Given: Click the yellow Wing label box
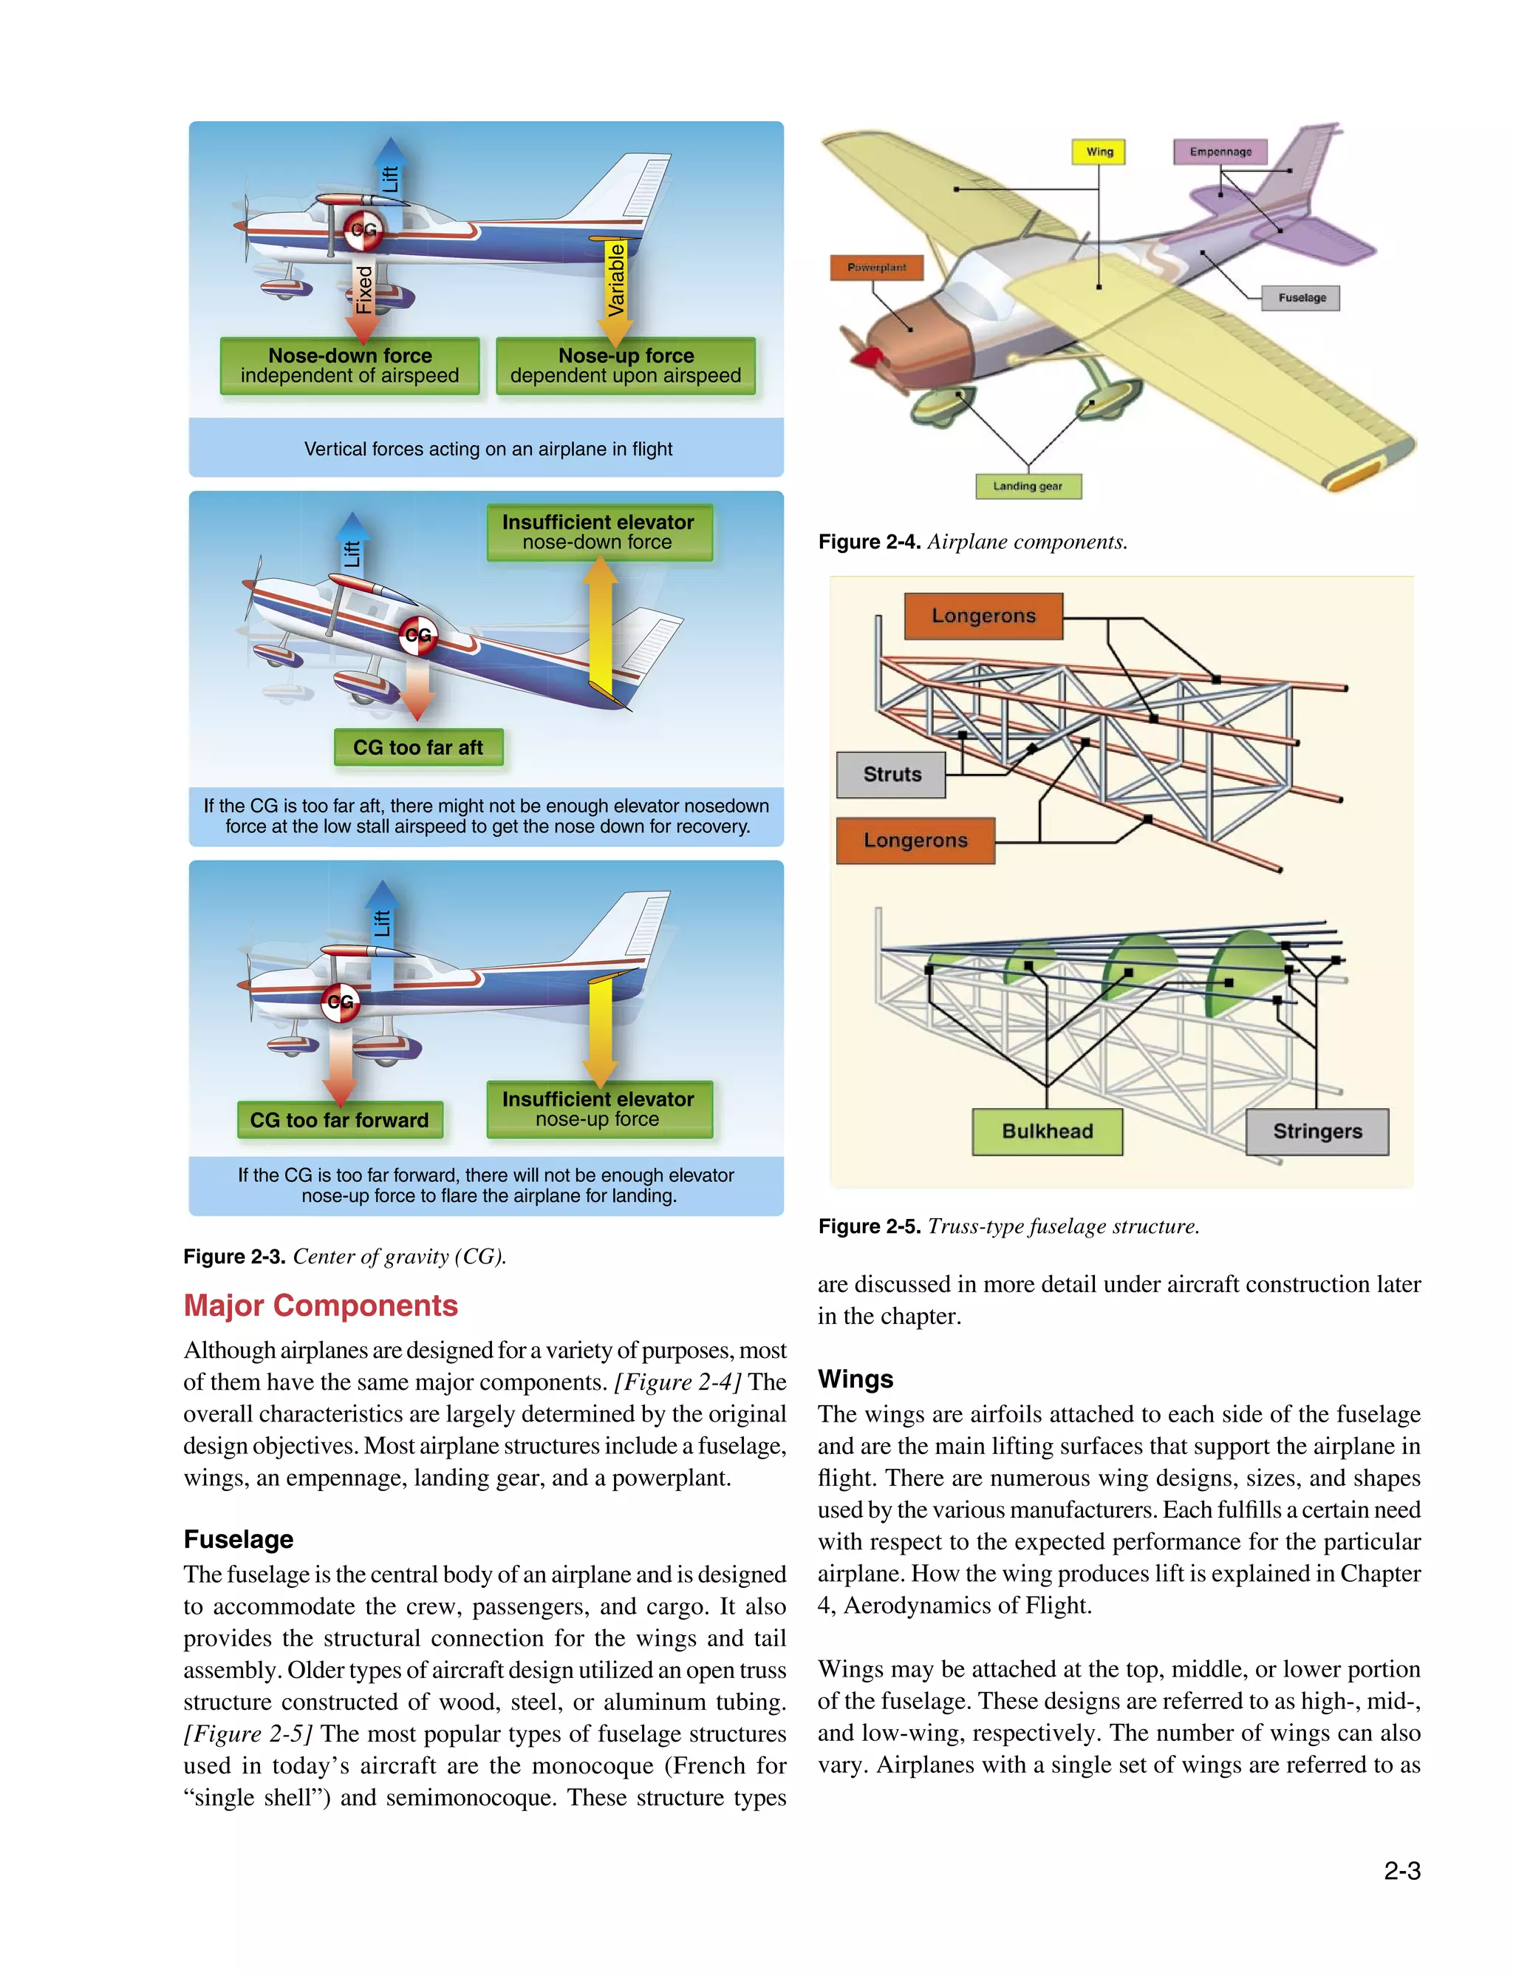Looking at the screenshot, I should tap(1099, 152).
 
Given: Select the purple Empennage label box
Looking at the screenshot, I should tap(1220, 152).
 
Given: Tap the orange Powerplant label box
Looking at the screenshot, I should tap(876, 268).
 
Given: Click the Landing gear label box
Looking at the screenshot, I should tap(1028, 486).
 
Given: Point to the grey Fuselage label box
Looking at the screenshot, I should tap(1302, 297).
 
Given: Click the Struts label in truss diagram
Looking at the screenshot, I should tap(891, 775).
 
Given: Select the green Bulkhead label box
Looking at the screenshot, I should tap(1047, 1132).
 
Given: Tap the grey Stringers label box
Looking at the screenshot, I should tap(1316, 1132).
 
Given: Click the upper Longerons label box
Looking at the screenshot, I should tap(983, 617).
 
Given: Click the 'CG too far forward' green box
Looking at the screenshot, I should tap(340, 1120).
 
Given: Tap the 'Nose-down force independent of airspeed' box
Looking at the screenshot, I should tap(349, 366).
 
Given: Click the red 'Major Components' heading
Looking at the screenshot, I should tap(321, 1305).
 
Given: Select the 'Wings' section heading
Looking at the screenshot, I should tap(855, 1379).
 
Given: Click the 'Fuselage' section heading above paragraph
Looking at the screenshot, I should tap(238, 1539).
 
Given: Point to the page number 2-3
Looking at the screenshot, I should tap(1401, 1871).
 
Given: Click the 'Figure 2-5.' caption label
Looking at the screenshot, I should tap(868, 1226).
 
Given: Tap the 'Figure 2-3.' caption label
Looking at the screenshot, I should tap(234, 1257).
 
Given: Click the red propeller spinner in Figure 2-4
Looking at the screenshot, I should tap(867, 358).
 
